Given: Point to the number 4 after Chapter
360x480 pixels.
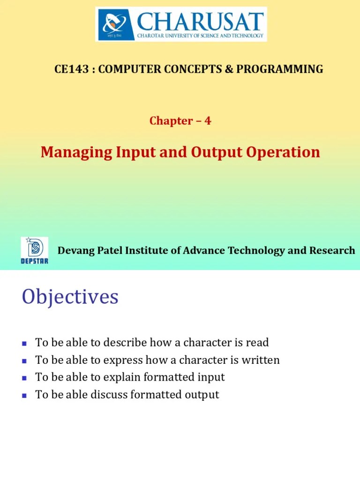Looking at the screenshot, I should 208,121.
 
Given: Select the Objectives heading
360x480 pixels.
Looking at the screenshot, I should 70,297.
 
